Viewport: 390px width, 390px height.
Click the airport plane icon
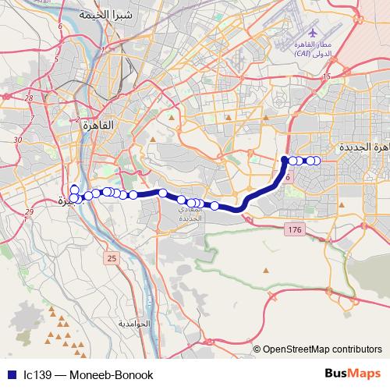(313, 34)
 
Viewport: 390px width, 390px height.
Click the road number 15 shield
(327, 76)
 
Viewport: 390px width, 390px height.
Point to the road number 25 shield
(112, 258)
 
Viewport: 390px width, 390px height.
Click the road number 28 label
(29, 98)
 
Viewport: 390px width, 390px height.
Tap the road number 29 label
(30, 212)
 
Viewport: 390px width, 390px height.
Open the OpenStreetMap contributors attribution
(322, 350)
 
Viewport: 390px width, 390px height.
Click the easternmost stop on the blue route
(316, 161)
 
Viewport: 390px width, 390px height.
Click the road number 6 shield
(288, 178)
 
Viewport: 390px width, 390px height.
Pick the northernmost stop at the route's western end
(74, 188)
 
